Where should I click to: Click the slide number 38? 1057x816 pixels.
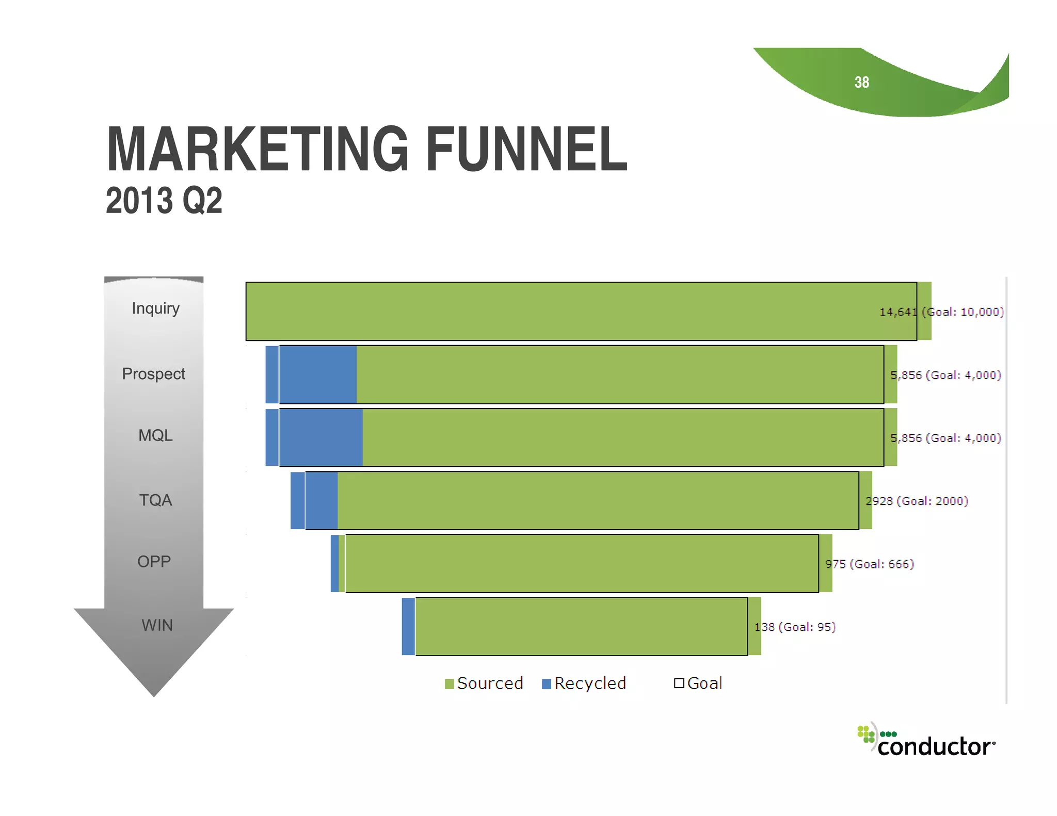(x=861, y=83)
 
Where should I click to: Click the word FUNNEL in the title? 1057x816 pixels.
(x=527, y=150)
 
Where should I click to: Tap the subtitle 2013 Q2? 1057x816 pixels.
(x=164, y=201)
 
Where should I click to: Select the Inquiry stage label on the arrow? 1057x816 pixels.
(x=155, y=308)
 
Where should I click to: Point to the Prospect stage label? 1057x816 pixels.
(x=153, y=374)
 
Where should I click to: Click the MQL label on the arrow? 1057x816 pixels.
(x=155, y=436)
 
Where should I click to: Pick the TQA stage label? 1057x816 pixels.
(x=155, y=500)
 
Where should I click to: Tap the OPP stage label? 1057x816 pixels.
(x=154, y=562)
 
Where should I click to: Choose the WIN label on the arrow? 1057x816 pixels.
(x=157, y=626)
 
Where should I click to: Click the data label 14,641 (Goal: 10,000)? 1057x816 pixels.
(x=941, y=312)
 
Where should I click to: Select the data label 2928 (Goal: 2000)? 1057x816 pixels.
(x=917, y=501)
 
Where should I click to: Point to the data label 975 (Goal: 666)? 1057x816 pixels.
(x=870, y=564)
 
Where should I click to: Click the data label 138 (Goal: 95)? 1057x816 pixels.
(x=795, y=627)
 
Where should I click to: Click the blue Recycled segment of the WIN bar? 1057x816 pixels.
(x=408, y=627)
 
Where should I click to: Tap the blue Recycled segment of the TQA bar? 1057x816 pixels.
(x=315, y=500)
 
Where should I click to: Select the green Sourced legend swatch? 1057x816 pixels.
(x=449, y=684)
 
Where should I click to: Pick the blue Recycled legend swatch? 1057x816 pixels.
(x=547, y=684)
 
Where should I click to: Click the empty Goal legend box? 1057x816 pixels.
(x=679, y=683)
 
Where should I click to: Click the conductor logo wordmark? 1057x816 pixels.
(x=935, y=746)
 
